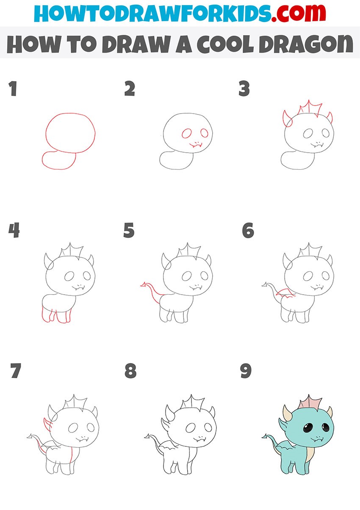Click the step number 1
pyautogui.click(x=13, y=89)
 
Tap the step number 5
pyautogui.click(x=129, y=230)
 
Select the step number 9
pyautogui.click(x=246, y=371)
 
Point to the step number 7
pyautogui.click(x=16, y=371)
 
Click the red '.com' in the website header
pyautogui.click(x=299, y=13)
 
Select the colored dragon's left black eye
pyautogui.click(x=308, y=429)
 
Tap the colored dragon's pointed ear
pyautogui.click(x=283, y=425)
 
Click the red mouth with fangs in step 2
pyautogui.click(x=196, y=145)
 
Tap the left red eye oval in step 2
pyautogui.click(x=187, y=134)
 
